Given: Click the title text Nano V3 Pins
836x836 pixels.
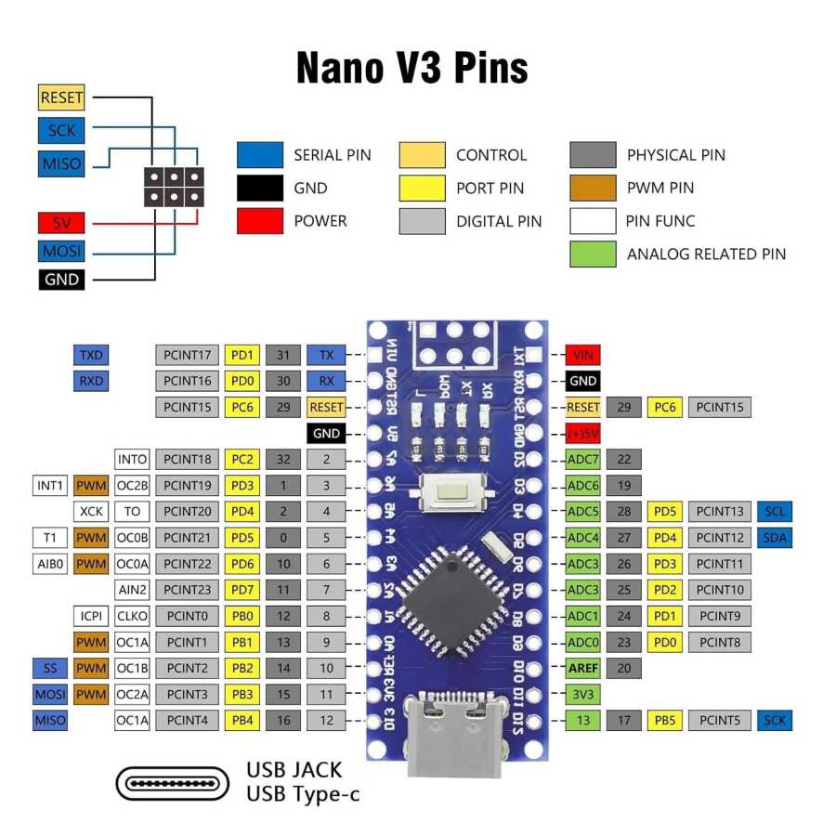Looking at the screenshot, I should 411,68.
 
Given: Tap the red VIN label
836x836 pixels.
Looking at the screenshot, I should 583,354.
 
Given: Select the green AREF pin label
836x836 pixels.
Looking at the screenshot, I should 583,668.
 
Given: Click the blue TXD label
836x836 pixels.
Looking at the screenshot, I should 91,354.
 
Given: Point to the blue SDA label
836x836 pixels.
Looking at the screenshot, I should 774,537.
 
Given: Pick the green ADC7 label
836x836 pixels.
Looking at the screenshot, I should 583,459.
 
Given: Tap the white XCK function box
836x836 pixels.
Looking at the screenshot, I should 91,511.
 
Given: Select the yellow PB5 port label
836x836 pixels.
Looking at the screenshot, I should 664,720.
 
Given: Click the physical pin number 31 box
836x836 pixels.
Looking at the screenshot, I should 282,354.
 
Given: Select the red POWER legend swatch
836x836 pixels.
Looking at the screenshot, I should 259,221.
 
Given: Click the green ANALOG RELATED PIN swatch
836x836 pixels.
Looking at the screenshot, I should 593,254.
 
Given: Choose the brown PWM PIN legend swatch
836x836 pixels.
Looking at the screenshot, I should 593,188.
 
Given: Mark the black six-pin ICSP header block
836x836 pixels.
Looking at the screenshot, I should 174,187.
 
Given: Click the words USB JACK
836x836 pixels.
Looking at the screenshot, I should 294,769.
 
